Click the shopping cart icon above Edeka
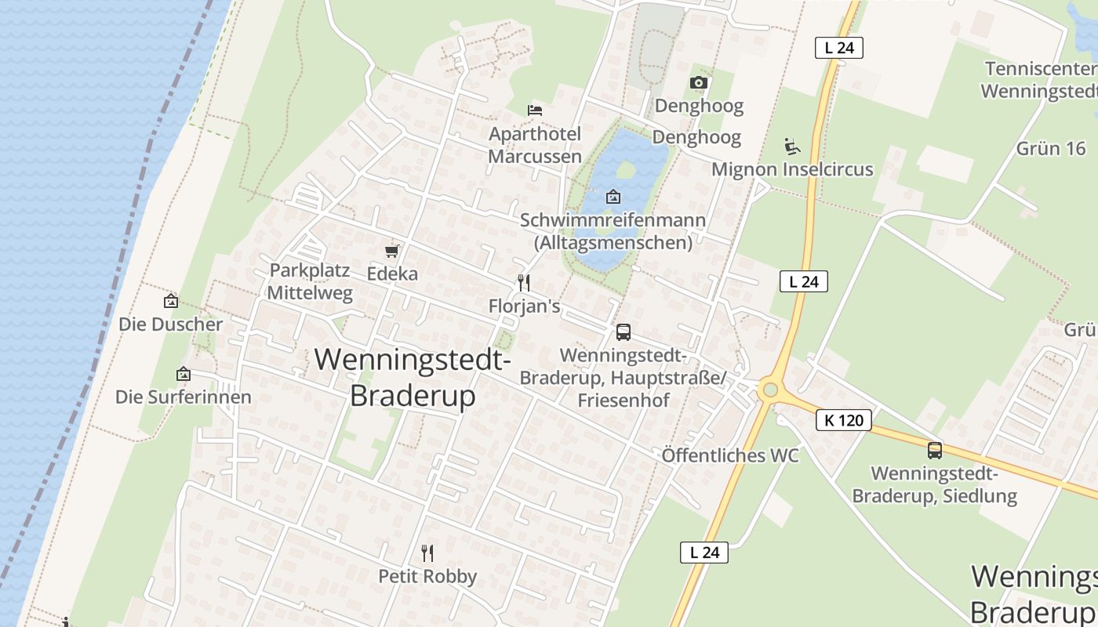[392, 252]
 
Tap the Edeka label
[392, 274]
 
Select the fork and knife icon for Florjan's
[524, 283]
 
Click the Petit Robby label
[427, 576]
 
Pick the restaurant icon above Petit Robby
[427, 553]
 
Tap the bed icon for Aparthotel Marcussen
[535, 111]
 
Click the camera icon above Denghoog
[698, 82]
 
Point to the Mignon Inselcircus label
[792, 169]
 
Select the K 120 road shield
[844, 420]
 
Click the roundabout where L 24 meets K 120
[769, 390]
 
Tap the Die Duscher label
[170, 324]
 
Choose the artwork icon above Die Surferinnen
[184, 374]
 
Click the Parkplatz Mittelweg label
[310, 282]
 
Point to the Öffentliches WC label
[729, 455]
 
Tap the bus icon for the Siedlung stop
[934, 451]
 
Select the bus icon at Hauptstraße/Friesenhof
[624, 332]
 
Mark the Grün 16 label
[1050, 148]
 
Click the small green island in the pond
[625, 169]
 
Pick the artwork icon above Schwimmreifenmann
[613, 197]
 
